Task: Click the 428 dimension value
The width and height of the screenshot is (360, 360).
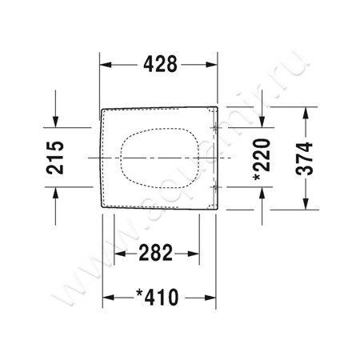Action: (x=158, y=66)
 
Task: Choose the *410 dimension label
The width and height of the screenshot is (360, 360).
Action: (x=160, y=298)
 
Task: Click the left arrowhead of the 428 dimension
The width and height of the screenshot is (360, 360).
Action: (x=103, y=66)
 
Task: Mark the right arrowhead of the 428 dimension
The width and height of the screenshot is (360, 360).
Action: (x=214, y=66)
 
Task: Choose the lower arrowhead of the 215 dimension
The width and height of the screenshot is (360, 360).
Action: (x=55, y=191)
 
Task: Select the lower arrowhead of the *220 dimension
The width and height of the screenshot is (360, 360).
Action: (x=262, y=191)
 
